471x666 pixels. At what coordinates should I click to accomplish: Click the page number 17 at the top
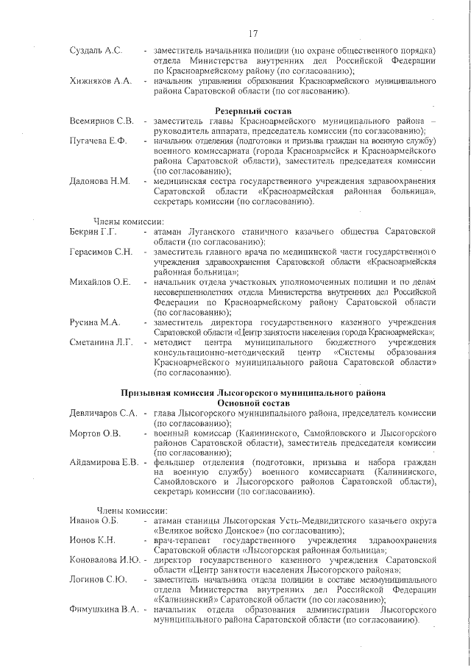(252, 33)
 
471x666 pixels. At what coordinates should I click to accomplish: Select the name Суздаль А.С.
(96, 51)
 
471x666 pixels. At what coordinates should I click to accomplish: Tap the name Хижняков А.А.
(101, 81)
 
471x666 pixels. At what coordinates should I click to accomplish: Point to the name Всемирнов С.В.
(102, 121)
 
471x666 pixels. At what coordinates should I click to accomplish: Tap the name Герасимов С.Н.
(102, 252)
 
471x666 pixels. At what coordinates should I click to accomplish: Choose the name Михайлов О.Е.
(100, 283)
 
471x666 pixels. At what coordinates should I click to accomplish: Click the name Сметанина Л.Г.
(102, 342)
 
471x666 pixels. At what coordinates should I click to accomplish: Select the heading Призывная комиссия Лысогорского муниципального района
(253, 393)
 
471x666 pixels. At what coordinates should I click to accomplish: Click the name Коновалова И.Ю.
(105, 559)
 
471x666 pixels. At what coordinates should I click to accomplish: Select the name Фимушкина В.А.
(105, 610)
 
